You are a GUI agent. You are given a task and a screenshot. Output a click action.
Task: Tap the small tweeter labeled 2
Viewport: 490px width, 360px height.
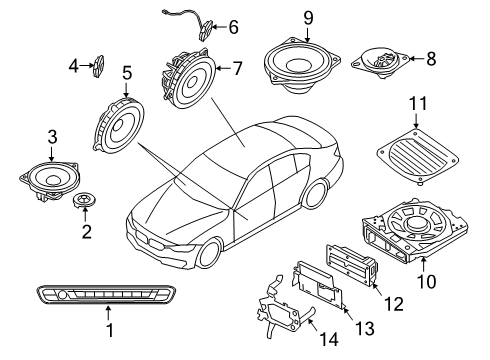click(x=85, y=204)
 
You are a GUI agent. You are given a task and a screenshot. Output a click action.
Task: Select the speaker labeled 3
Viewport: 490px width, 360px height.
click(x=49, y=181)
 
